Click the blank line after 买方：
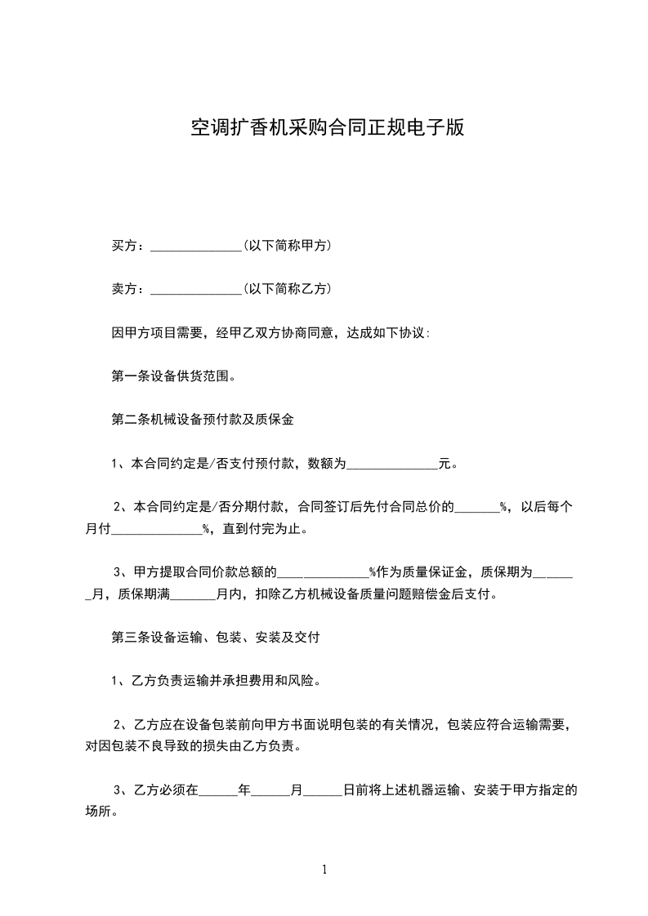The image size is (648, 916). click(195, 246)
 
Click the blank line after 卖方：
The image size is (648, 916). click(195, 289)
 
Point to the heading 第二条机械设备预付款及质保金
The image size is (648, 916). click(202, 420)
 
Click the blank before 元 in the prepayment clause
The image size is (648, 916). click(392, 465)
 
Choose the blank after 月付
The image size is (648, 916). click(155, 529)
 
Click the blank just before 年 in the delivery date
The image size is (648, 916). click(217, 791)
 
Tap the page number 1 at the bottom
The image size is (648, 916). click(324, 870)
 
